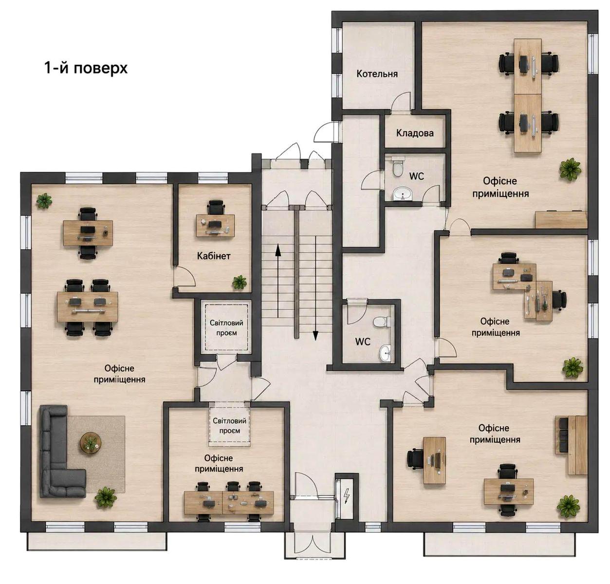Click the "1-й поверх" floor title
[86, 68]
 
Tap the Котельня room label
[377, 74]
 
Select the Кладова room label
[415, 133]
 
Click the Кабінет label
[214, 256]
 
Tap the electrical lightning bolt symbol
[347, 496]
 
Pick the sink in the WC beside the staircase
[385, 353]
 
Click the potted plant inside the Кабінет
[239, 282]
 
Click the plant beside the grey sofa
[106, 497]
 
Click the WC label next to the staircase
[363, 342]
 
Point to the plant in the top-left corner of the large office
[44, 201]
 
